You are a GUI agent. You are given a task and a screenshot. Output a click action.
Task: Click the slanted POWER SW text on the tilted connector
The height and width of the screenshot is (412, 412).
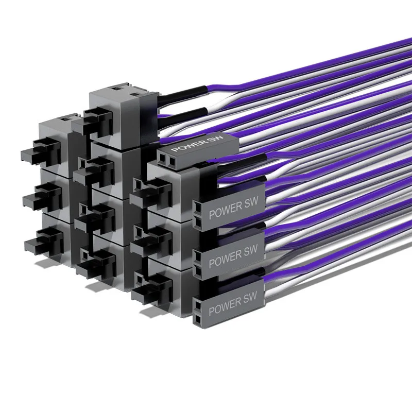(x=197, y=143)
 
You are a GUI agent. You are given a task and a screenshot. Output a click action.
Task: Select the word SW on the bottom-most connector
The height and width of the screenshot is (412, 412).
(x=250, y=297)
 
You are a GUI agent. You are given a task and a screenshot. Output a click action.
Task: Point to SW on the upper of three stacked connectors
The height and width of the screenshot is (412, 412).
(x=251, y=202)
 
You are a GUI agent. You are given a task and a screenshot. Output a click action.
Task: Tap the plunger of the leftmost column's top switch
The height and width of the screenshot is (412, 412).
(x=41, y=152)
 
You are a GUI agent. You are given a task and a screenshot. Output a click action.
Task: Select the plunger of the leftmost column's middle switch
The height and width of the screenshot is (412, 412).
(x=43, y=197)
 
